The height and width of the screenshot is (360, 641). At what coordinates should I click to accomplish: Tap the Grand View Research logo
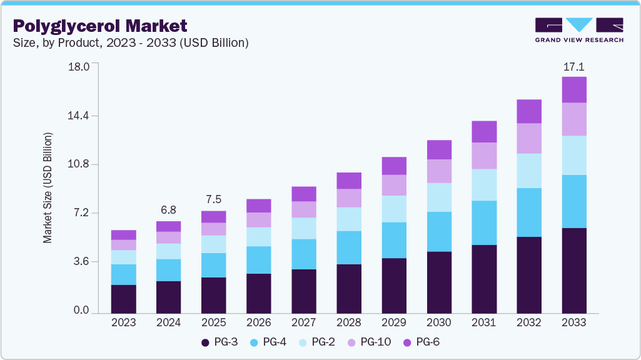tap(579, 29)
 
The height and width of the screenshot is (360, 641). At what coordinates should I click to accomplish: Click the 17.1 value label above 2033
tap(573, 66)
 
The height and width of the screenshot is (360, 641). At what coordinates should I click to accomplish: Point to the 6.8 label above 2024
tap(168, 210)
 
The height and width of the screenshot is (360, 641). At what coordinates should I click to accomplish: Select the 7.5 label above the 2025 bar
tap(213, 199)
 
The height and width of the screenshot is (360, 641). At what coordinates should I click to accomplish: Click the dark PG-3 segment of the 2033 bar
tap(573, 270)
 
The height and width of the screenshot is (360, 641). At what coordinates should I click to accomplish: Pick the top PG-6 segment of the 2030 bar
tap(438, 150)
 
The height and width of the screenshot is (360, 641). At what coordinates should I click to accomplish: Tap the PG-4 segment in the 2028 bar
tap(348, 247)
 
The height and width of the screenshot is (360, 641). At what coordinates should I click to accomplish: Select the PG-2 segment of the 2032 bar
tap(528, 171)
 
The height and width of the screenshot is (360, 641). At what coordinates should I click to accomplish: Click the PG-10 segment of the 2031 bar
tap(483, 156)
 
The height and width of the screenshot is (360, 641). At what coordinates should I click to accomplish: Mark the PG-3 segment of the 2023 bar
tap(123, 299)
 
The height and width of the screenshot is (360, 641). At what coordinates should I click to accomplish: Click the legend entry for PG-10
tap(370, 342)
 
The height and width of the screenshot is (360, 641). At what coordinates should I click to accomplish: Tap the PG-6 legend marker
tap(406, 342)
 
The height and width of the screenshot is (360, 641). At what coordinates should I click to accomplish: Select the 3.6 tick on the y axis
tap(81, 261)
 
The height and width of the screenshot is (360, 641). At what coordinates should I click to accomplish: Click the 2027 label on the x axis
tap(303, 323)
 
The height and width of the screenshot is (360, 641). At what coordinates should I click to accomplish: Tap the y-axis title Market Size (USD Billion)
tap(48, 187)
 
